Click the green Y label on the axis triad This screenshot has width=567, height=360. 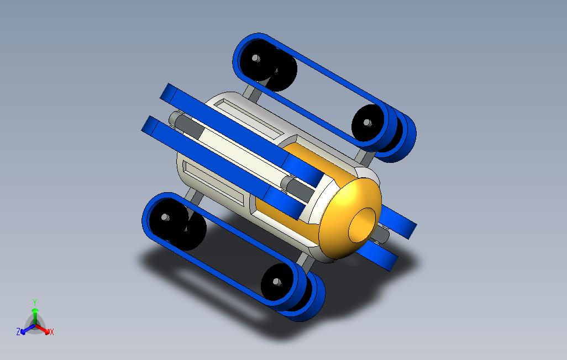tap(35, 302)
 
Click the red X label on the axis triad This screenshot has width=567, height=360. tap(52, 332)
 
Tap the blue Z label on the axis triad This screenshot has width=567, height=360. tap(18, 331)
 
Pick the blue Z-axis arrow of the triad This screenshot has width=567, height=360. tap(28, 329)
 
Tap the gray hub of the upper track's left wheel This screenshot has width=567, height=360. tap(256, 58)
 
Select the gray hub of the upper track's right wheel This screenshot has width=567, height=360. tap(368, 123)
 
